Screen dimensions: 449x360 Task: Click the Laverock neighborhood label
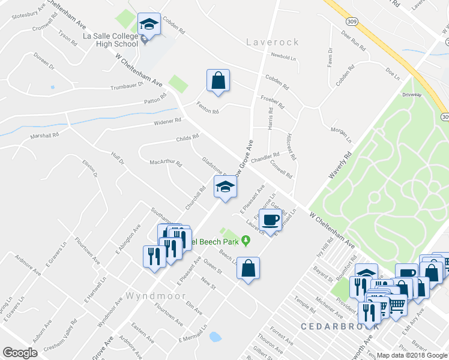coord(273,42)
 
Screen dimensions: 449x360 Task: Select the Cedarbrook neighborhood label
coord(340,326)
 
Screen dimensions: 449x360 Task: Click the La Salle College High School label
coord(110,40)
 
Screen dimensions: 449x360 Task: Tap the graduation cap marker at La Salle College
coord(148,26)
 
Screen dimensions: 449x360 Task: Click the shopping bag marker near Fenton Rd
coord(218,80)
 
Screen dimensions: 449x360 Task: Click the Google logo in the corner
coord(20,353)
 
